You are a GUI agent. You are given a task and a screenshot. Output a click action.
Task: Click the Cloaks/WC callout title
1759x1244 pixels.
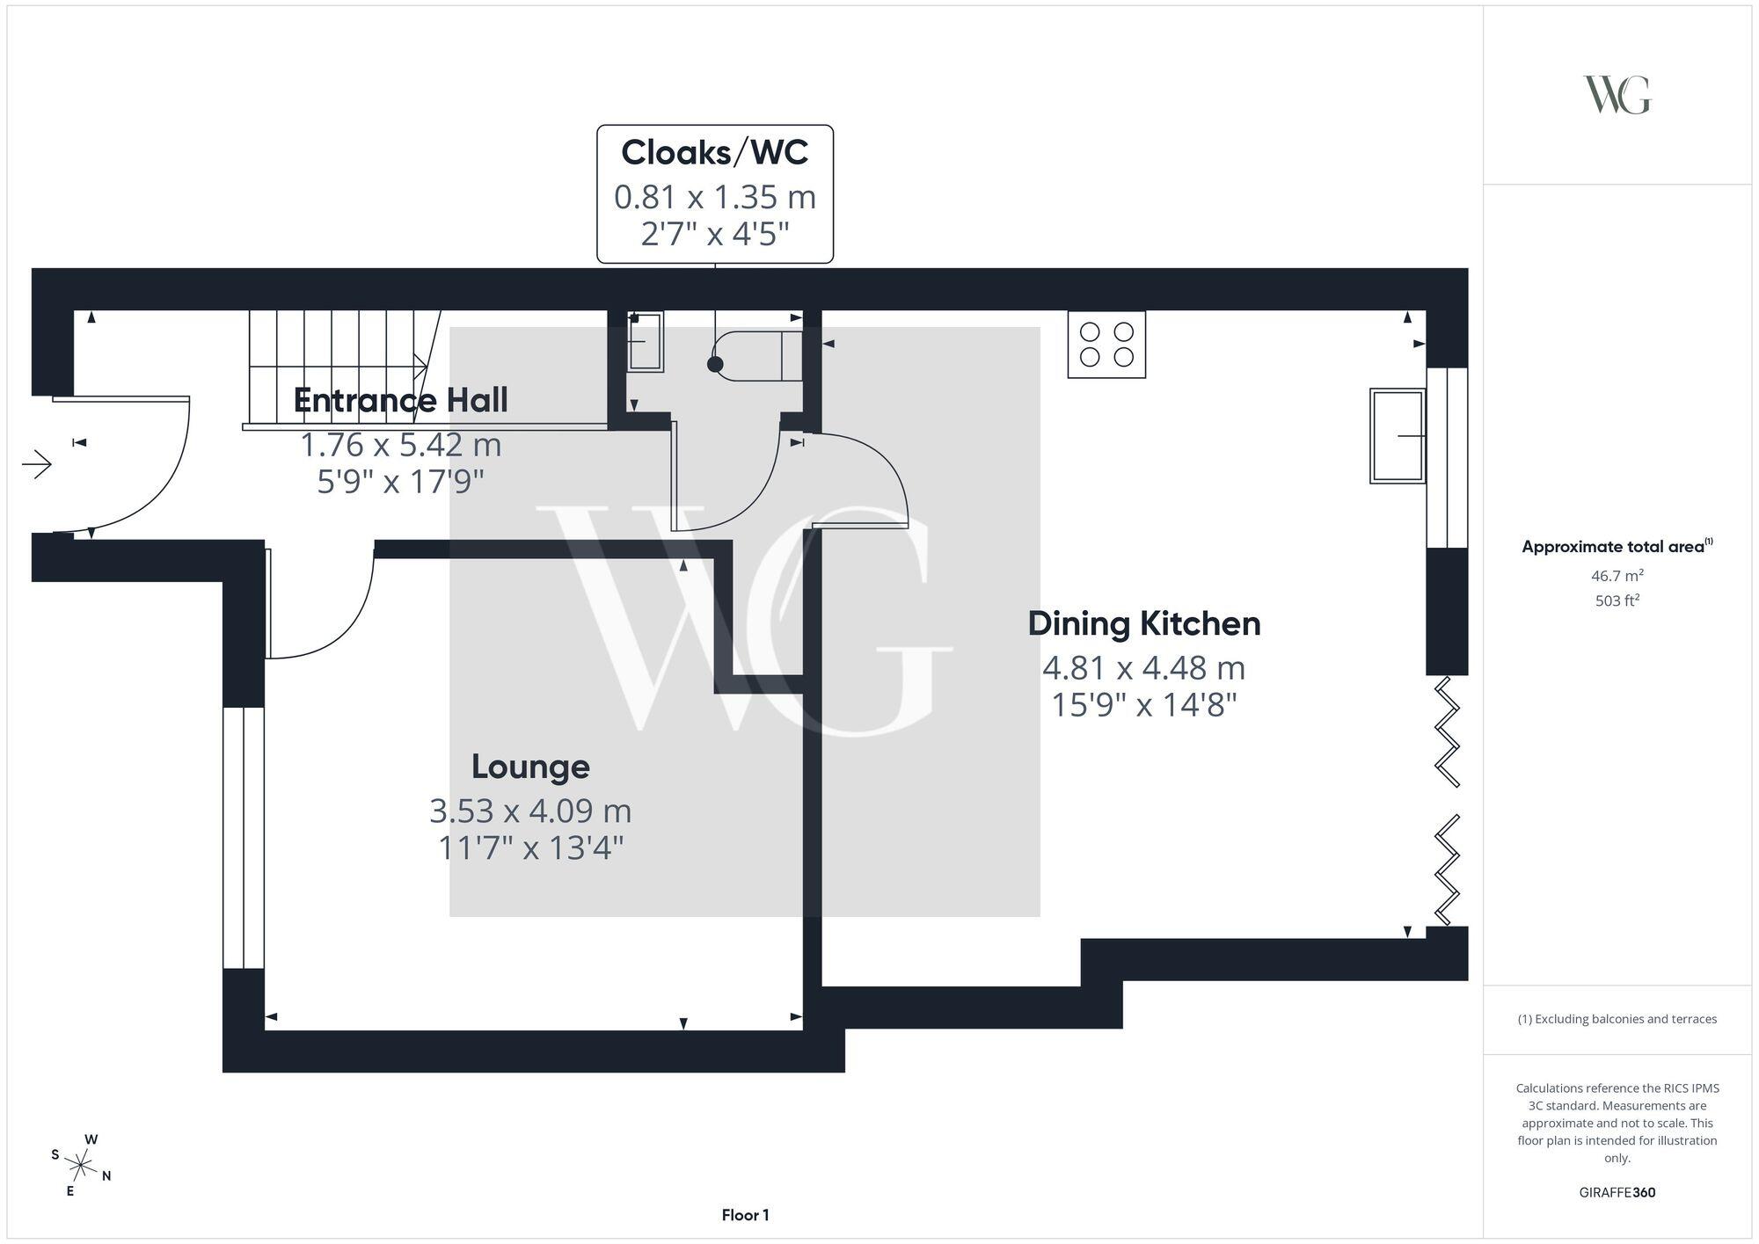[714, 152]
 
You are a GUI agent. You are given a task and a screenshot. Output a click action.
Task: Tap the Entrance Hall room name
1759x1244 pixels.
[400, 400]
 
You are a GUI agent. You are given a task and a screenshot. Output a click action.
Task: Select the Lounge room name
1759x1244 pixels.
[530, 766]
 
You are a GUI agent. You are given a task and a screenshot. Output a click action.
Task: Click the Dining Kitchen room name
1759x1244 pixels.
[1143, 623]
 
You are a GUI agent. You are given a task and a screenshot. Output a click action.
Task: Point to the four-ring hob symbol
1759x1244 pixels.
[1106, 345]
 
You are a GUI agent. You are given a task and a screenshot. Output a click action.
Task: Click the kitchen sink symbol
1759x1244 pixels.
[1398, 436]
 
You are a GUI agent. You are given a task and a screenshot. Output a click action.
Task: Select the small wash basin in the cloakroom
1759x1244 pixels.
[646, 341]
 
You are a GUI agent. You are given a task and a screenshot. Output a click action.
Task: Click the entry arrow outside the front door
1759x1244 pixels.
[38, 463]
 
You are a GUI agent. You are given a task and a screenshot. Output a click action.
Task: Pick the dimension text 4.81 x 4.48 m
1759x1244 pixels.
[1143, 668]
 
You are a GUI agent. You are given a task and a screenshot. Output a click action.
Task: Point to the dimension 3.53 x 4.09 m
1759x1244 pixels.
[530, 811]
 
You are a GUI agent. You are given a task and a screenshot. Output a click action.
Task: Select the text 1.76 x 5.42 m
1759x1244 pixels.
[400, 445]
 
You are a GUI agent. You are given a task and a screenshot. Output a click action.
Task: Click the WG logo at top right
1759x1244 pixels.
[1617, 95]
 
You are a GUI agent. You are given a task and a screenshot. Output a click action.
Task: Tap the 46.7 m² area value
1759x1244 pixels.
[1617, 576]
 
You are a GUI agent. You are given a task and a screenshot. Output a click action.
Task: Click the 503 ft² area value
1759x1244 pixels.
[1617, 601]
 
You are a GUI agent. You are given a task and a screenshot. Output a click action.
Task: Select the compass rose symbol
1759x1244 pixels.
[80, 1166]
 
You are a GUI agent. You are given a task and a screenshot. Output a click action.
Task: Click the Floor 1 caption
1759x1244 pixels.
[745, 1215]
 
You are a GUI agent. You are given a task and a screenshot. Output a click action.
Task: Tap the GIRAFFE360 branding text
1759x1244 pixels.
[1617, 1192]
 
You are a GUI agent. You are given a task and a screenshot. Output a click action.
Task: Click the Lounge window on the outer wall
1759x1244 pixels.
[243, 837]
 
